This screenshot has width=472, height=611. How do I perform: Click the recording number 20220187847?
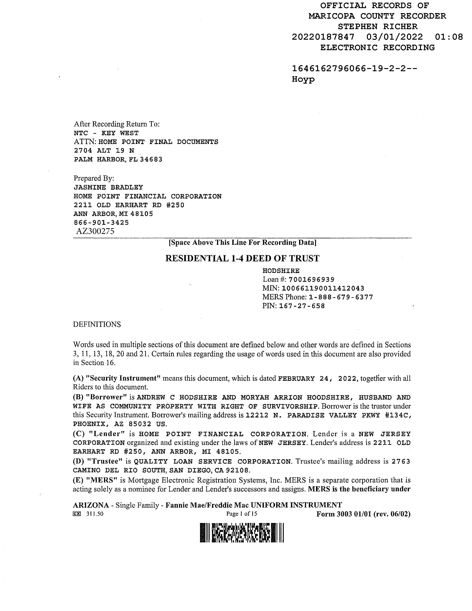[x=323, y=37]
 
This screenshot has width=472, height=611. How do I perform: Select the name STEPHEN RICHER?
[x=377, y=27]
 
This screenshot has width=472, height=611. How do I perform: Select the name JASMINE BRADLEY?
[x=108, y=187]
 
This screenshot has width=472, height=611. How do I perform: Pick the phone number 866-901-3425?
[x=101, y=223]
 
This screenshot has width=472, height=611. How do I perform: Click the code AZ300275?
[x=95, y=231]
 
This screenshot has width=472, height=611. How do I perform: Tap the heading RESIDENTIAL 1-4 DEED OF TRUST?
[x=242, y=258]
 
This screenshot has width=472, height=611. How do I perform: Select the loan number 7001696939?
[x=311, y=279]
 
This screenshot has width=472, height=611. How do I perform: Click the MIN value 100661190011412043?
[x=323, y=288]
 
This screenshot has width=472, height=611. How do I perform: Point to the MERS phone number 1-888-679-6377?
[x=341, y=297]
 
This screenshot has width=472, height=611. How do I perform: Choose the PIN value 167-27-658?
[x=302, y=306]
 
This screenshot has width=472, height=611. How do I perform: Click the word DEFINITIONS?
[x=97, y=325]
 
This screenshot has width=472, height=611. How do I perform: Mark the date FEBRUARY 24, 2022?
[x=317, y=379]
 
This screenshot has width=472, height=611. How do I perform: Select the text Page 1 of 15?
[x=242, y=514]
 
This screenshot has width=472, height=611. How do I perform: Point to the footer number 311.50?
[x=95, y=514]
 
